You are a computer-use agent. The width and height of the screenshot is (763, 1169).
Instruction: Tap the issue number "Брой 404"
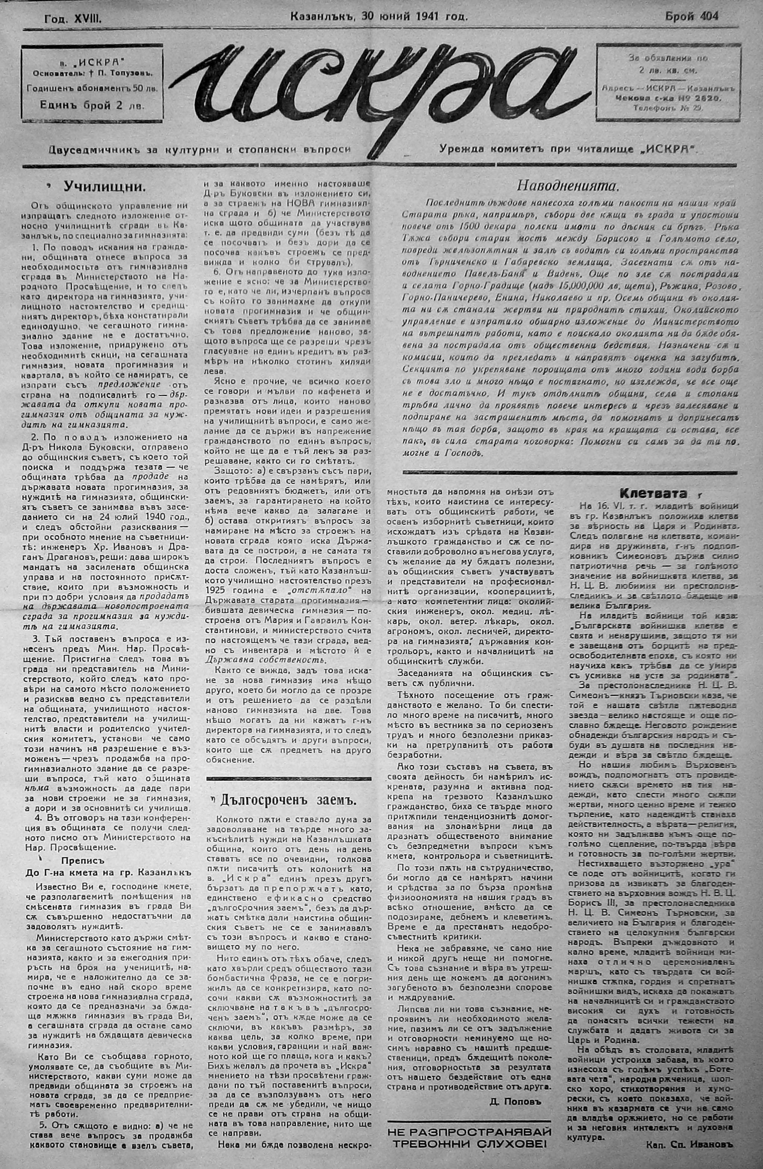(x=691, y=16)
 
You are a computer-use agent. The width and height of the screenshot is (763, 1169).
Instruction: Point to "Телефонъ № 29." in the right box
(x=670, y=109)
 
